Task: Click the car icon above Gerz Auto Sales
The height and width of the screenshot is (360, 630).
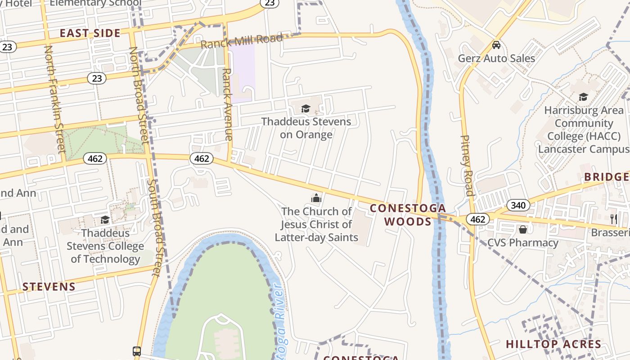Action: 496,45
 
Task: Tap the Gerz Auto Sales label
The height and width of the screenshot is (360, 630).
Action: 496,58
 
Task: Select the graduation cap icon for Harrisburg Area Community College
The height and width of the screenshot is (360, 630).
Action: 583,97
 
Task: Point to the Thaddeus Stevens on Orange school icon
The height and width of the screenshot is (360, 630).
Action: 306,108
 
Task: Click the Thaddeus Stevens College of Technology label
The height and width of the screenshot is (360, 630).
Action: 105,246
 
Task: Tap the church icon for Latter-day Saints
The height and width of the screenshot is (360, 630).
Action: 316,198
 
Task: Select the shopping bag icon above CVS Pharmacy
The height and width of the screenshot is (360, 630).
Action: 522,229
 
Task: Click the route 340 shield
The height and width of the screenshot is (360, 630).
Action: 518,206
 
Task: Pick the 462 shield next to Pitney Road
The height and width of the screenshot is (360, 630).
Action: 477,219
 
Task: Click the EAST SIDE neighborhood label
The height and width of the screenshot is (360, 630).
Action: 90,33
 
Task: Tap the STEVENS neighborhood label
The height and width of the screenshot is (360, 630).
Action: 49,287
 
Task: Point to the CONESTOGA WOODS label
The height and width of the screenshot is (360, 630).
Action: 408,215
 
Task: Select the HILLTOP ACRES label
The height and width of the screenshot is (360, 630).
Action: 553,344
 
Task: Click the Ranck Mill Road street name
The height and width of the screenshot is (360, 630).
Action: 242,41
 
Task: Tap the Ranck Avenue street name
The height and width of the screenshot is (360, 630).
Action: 228,104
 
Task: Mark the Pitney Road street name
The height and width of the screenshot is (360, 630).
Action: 467,165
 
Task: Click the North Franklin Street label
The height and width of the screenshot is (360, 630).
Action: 55,99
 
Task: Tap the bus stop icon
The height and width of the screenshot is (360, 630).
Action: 137,351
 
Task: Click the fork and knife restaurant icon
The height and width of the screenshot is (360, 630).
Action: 614,219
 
